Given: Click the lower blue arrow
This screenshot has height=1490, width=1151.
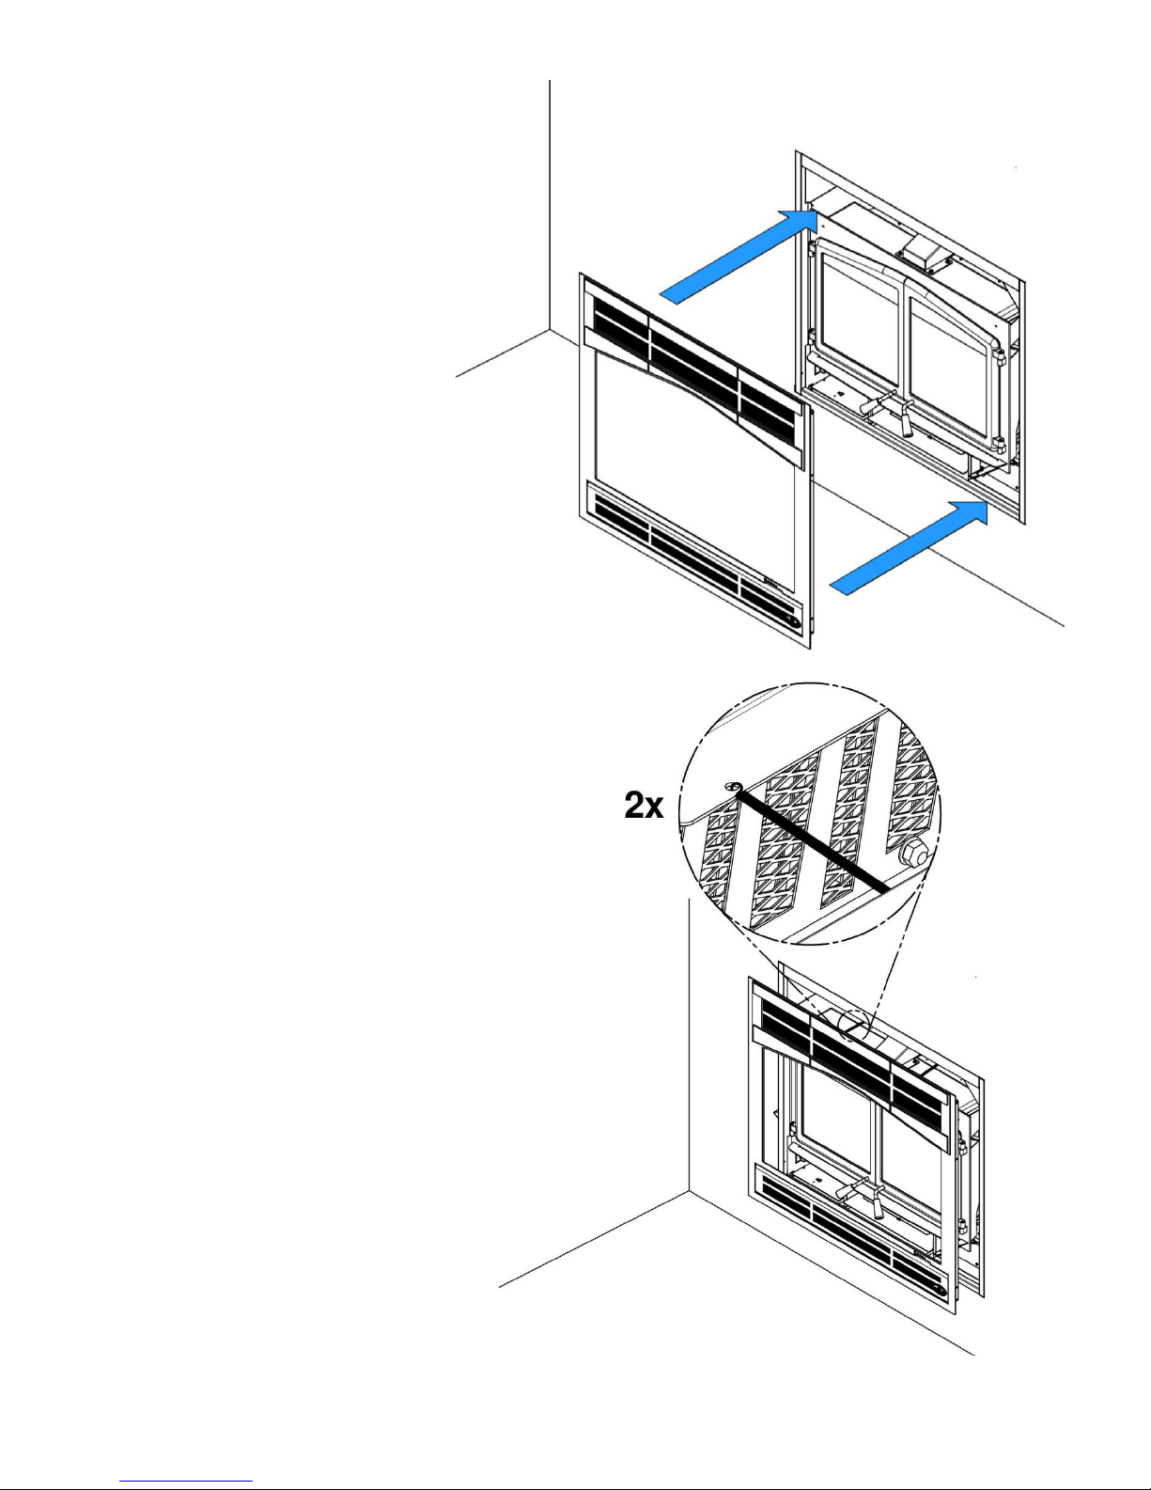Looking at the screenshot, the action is coord(910,547).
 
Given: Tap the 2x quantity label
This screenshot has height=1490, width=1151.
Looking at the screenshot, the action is coord(644,805).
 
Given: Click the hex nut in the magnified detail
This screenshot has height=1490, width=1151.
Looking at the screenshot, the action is coord(913,855).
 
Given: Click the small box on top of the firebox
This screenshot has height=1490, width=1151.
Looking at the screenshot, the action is coord(927,247).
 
